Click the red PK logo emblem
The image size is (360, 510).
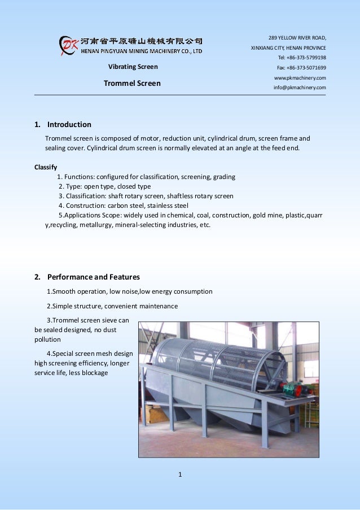68,45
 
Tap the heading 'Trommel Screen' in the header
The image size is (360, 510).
132,84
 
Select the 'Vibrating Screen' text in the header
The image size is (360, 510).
133,67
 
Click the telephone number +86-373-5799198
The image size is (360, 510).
301,58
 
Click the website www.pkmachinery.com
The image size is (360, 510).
300,77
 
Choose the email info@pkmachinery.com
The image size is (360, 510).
300,88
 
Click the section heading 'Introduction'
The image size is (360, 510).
69,124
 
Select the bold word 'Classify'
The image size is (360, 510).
46,167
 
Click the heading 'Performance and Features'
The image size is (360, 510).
93,277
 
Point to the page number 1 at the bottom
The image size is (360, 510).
180,474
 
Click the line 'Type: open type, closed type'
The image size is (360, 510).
105,186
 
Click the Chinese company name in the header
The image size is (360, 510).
142,41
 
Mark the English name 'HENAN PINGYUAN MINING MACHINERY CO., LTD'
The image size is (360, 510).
142,50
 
